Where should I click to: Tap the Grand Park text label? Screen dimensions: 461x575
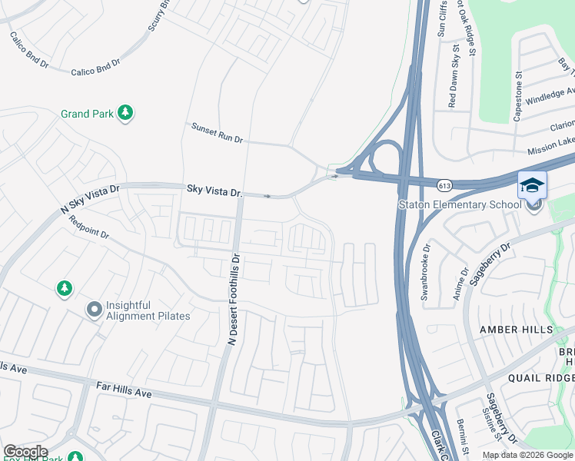click(x=87, y=114)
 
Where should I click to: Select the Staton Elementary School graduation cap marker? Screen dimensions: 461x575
click(x=532, y=187)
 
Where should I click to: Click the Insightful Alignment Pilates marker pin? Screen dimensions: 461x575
click(x=94, y=310)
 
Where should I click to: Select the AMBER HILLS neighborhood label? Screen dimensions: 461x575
click(x=517, y=330)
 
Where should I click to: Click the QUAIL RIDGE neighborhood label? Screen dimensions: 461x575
click(x=540, y=378)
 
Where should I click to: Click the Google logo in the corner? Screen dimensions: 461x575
click(x=25, y=452)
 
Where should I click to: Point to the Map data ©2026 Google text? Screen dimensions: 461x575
click(x=527, y=455)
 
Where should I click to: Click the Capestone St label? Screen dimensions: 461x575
click(x=518, y=97)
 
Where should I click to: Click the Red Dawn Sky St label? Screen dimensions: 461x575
click(x=453, y=80)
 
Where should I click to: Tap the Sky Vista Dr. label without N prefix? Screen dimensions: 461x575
click(x=214, y=190)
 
